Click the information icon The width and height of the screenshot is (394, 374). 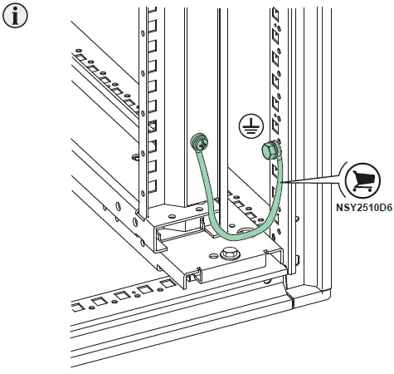point(13,16)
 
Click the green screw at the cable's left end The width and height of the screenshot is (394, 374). point(199,143)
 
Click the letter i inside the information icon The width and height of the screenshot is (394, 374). point(13,16)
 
